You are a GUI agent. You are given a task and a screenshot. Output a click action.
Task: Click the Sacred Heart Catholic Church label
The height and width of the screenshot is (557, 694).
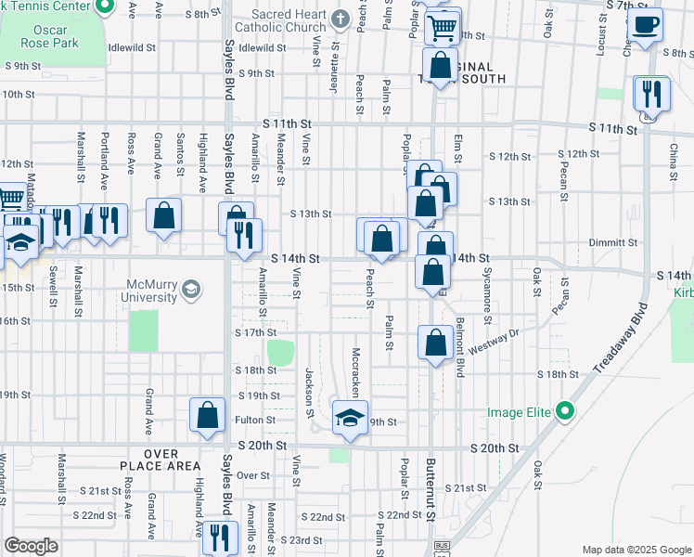(x=288, y=21)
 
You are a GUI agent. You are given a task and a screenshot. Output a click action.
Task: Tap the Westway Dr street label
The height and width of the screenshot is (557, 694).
(x=491, y=348)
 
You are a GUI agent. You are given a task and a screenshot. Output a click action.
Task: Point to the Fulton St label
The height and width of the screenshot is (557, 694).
(x=256, y=420)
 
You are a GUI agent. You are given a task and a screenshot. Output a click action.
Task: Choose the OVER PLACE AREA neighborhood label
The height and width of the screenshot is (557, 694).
(x=160, y=459)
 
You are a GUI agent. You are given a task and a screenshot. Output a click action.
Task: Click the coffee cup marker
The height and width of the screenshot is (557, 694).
(x=646, y=25)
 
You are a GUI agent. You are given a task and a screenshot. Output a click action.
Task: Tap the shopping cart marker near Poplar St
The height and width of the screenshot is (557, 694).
(x=443, y=26)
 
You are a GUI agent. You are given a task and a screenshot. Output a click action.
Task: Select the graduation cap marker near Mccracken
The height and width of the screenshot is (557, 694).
(x=350, y=419)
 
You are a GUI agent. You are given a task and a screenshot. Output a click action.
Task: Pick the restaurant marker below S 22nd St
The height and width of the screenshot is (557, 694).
(x=220, y=538)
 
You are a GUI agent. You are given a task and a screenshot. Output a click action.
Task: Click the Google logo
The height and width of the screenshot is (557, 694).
(x=31, y=546)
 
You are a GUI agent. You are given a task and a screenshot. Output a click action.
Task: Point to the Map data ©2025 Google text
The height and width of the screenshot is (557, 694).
(x=636, y=550)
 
